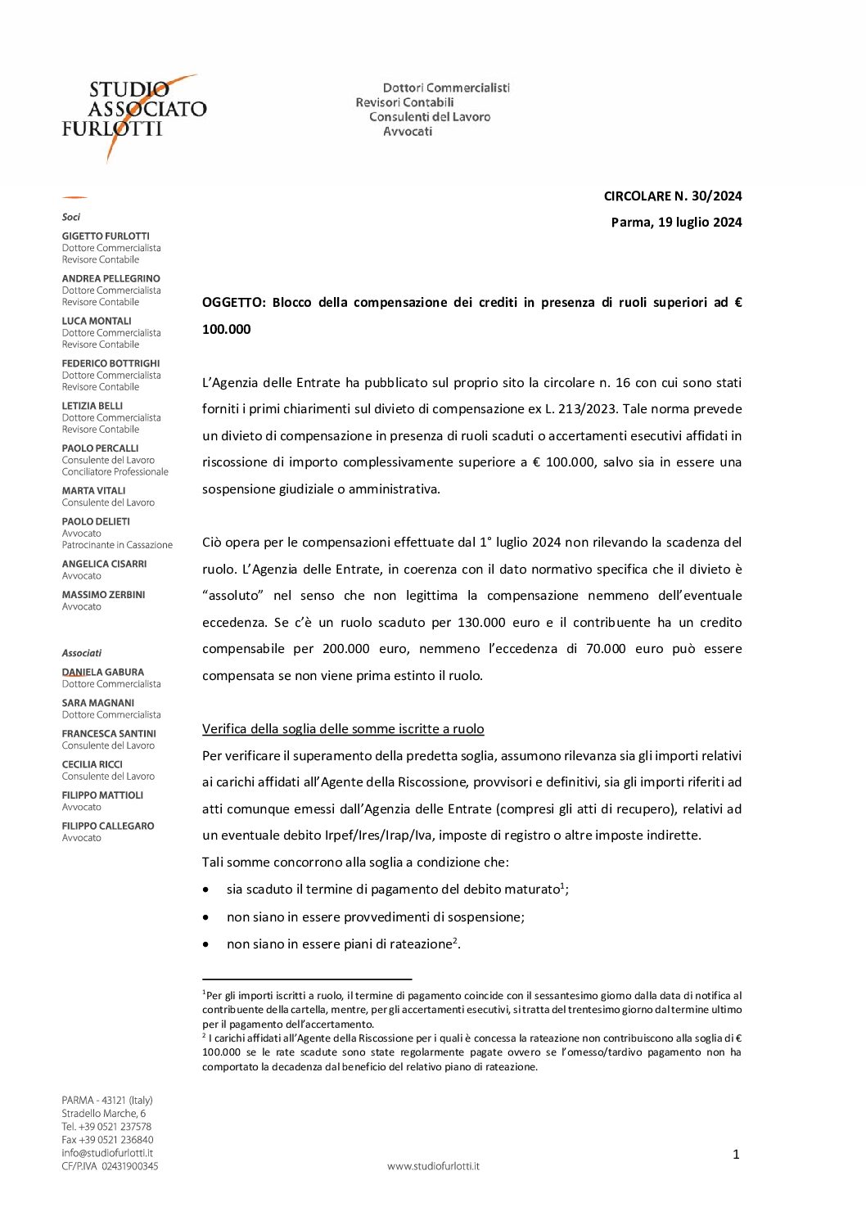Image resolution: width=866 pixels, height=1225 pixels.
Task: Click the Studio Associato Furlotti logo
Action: (133, 115)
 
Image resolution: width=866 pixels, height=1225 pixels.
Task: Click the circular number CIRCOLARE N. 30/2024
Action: (672, 196)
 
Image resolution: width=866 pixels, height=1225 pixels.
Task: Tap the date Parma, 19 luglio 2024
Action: (676, 222)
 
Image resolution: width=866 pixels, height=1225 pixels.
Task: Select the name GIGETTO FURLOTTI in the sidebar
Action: (106, 236)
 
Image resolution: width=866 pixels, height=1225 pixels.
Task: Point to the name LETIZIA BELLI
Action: (92, 406)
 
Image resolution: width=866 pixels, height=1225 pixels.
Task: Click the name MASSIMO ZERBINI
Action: (103, 595)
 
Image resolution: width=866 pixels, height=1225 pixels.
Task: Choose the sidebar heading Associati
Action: (82, 653)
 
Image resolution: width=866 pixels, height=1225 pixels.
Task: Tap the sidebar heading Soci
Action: (71, 217)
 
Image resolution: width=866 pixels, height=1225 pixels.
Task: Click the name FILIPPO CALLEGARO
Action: (108, 826)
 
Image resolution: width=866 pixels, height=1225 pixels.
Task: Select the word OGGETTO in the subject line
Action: (233, 302)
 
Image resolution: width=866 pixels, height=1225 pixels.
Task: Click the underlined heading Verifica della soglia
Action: (343, 729)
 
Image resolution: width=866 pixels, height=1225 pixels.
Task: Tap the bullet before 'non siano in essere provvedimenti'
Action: (206, 918)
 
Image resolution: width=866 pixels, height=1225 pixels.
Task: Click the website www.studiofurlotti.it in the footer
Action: (433, 1166)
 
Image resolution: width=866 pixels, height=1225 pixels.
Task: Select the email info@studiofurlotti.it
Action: (107, 1153)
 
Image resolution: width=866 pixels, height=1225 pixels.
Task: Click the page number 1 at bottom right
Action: (736, 1155)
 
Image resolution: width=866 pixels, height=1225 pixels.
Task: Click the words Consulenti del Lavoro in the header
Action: (430, 117)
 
